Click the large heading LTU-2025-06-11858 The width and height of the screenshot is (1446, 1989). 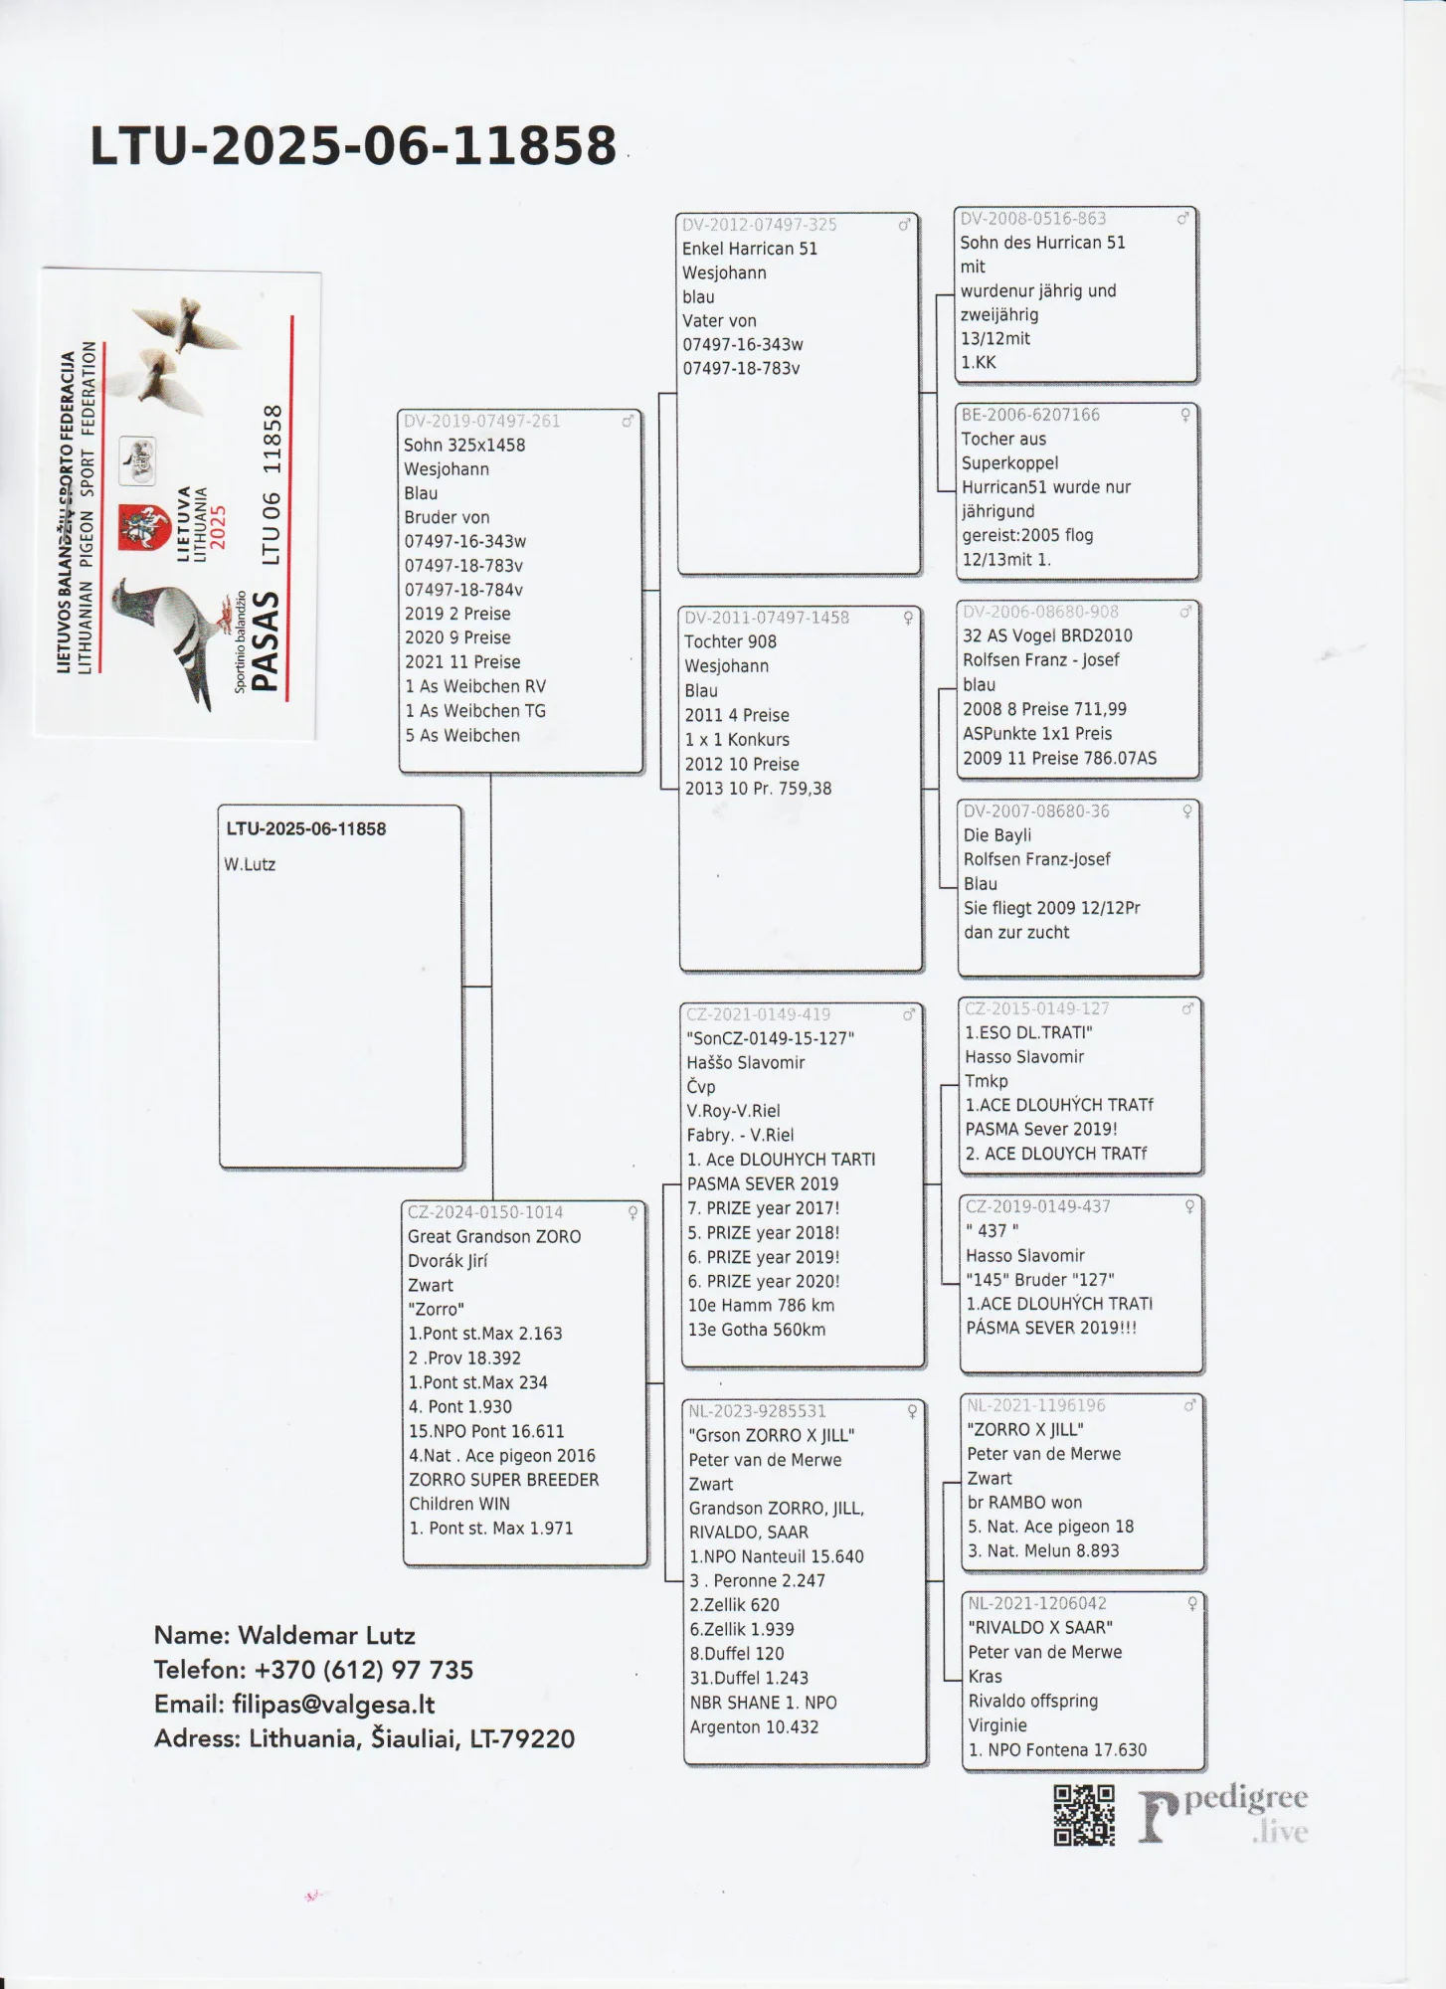[x=353, y=146]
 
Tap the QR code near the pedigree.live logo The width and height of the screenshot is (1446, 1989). [x=1084, y=1815]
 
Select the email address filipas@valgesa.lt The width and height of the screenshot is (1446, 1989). [x=333, y=1705]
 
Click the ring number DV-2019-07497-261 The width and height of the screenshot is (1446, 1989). [x=482, y=422]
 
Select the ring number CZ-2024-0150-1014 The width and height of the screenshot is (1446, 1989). [x=485, y=1212]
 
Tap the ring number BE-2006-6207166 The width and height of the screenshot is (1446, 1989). [x=1030, y=415]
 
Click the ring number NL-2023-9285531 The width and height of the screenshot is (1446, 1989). [x=757, y=1411]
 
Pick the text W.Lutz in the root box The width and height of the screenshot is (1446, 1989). [x=250, y=864]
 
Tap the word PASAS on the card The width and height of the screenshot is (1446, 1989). [x=266, y=640]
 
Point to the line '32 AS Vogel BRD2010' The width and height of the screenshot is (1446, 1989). [x=1047, y=635]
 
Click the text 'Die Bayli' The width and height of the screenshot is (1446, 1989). [x=996, y=835]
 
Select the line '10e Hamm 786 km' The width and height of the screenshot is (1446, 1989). [x=761, y=1305]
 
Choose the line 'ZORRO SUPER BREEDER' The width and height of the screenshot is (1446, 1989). [x=504, y=1480]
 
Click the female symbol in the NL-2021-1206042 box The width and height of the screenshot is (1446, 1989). [x=1192, y=1604]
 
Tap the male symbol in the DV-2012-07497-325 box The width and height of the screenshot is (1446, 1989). [x=904, y=225]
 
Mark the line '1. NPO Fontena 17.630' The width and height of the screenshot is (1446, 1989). [x=1057, y=1749]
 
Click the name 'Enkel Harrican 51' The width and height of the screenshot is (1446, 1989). [x=750, y=249]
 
